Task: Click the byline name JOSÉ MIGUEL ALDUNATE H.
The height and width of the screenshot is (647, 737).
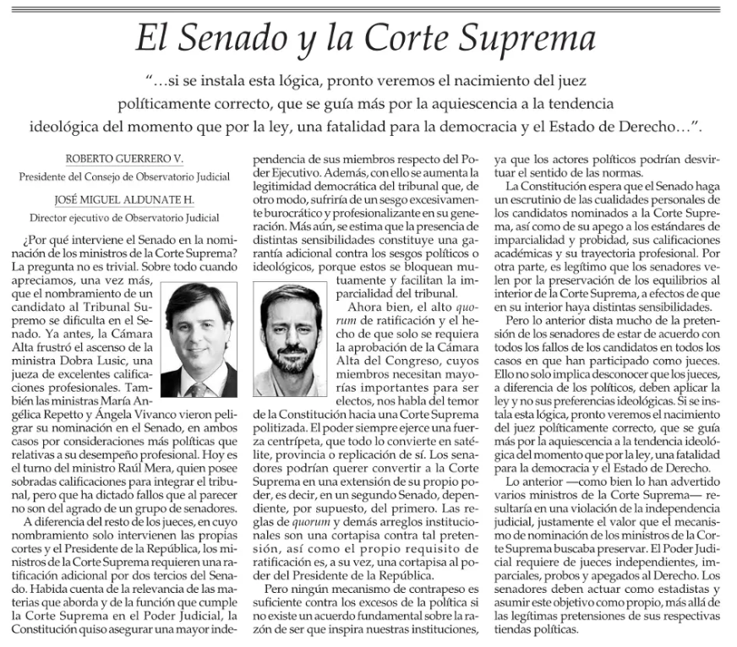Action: pos(126,199)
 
